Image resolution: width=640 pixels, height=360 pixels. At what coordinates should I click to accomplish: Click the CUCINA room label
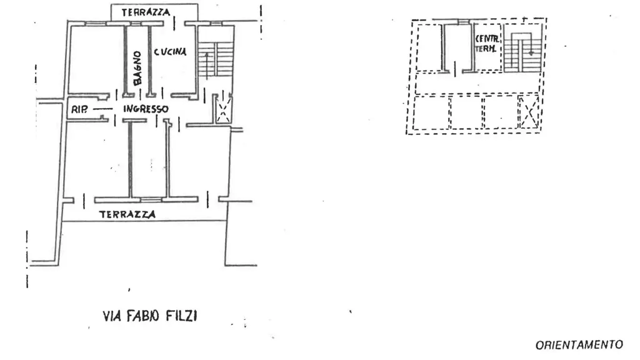click(170, 52)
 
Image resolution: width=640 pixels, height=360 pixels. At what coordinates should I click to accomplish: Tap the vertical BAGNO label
click(137, 68)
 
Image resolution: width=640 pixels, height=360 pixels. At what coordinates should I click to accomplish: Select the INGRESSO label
click(146, 109)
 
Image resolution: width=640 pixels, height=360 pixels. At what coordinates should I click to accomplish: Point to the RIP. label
click(79, 109)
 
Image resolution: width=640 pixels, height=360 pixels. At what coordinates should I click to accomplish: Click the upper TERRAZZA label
click(146, 12)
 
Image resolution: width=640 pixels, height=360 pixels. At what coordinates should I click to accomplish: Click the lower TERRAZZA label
click(127, 214)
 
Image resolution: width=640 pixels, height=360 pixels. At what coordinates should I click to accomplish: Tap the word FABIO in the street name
click(142, 316)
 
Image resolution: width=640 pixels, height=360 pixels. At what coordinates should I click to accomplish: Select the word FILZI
click(182, 316)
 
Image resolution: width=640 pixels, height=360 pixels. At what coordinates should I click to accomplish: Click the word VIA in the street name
click(112, 316)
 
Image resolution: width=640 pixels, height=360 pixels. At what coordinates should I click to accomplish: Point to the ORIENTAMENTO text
click(579, 345)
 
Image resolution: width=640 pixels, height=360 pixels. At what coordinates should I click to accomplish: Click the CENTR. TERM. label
click(487, 44)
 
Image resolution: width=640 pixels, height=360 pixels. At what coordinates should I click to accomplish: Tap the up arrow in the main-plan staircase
click(207, 65)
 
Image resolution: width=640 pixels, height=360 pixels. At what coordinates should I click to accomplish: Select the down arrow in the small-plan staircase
click(531, 47)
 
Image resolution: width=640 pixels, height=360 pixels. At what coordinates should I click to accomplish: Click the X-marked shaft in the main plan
click(223, 109)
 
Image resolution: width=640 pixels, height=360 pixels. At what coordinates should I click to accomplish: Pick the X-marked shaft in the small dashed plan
click(529, 112)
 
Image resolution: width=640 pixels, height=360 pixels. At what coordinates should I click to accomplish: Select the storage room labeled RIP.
click(85, 109)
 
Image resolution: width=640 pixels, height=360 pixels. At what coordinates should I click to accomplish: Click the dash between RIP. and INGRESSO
click(102, 109)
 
